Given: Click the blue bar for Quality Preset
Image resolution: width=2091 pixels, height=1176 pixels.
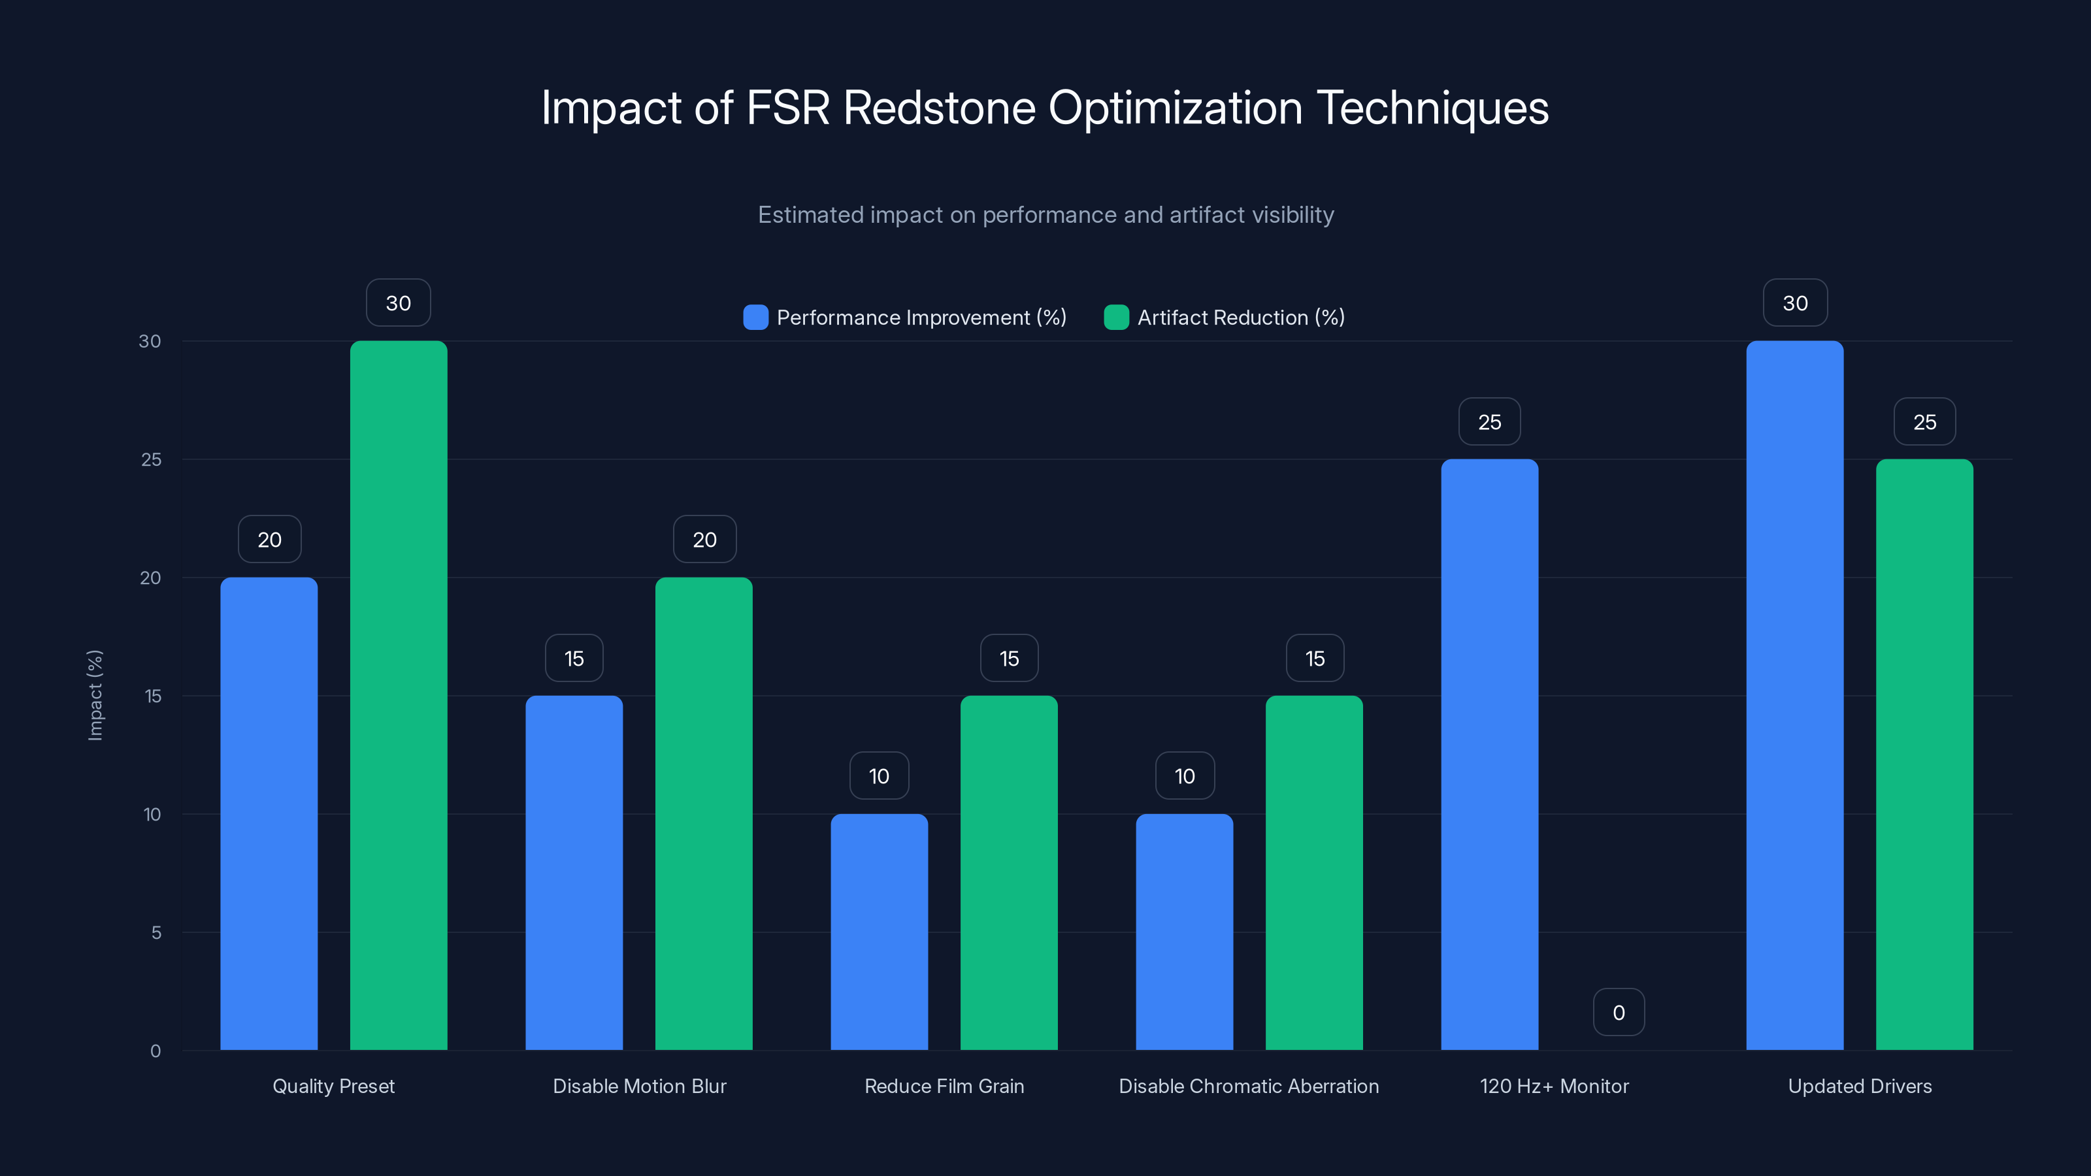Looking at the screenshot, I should [x=269, y=813].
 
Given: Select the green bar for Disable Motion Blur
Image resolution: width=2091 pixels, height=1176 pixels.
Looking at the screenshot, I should [x=704, y=813].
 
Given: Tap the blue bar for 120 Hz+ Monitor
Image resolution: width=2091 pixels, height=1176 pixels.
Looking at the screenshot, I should [x=1490, y=755].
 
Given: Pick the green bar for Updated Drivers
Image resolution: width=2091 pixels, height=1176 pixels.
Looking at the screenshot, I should [x=1924, y=755].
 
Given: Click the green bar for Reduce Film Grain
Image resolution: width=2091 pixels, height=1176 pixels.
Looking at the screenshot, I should [x=1009, y=872].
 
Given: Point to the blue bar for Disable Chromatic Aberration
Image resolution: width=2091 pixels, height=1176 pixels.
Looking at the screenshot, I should [x=1184, y=932].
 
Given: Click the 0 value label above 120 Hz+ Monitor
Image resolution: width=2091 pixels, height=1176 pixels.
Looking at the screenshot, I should [x=1619, y=1012].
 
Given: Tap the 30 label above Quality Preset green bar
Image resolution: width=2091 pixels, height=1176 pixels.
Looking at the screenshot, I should [x=398, y=302].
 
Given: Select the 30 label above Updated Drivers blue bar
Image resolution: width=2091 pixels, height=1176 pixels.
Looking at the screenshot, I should [x=1795, y=302].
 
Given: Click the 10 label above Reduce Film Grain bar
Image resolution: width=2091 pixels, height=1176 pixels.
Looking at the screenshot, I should [x=879, y=776].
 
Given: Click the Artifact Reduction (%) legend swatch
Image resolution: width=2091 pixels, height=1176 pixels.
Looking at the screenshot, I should [x=1116, y=318].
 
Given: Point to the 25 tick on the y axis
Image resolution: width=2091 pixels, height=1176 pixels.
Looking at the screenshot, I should [x=151, y=459].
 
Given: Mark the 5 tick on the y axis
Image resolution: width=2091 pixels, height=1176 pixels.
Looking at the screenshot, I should [x=156, y=932].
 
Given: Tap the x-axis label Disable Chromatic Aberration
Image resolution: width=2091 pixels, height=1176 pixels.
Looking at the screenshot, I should [x=1249, y=1086].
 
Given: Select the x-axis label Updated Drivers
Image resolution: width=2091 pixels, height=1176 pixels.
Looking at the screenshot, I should [x=1860, y=1086].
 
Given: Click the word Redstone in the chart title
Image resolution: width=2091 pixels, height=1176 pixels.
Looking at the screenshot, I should [x=939, y=108].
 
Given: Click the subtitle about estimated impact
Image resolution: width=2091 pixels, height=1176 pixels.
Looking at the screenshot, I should [x=1045, y=214].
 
